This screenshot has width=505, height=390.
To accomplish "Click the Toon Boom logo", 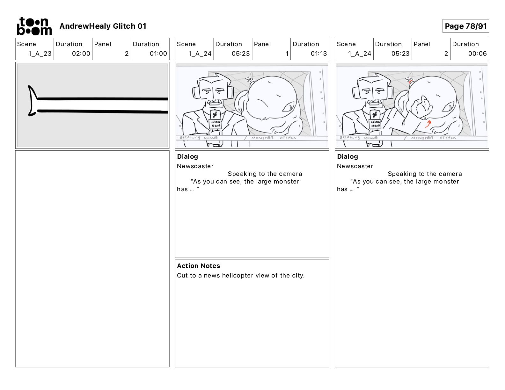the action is (x=34, y=26).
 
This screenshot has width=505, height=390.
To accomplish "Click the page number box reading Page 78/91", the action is (x=465, y=26).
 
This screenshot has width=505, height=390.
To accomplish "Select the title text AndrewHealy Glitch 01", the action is (x=103, y=26).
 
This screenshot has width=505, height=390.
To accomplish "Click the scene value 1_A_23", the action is (x=40, y=54).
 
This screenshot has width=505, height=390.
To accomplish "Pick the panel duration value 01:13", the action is (x=318, y=54).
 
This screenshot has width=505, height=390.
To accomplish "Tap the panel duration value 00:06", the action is (x=477, y=54).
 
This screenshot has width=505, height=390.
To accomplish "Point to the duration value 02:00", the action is (x=81, y=54).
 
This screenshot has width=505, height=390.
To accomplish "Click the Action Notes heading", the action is (x=199, y=266).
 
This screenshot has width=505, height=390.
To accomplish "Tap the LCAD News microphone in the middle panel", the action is (x=216, y=121).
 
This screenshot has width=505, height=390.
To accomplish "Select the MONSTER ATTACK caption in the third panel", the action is (x=433, y=138).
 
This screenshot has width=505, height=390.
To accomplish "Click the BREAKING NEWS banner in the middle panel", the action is (x=199, y=138).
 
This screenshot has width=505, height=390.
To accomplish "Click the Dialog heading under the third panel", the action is (x=348, y=156).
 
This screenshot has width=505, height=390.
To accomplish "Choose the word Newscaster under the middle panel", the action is (x=195, y=166).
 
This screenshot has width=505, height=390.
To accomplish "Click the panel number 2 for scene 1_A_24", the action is (x=446, y=54).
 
